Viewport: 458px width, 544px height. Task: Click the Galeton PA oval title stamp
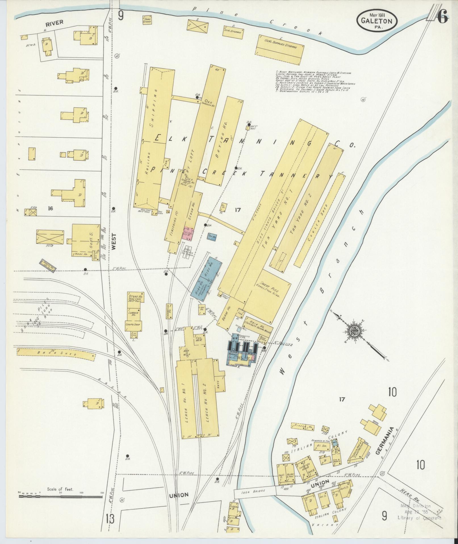377,21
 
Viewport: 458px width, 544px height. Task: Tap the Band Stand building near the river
147,20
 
